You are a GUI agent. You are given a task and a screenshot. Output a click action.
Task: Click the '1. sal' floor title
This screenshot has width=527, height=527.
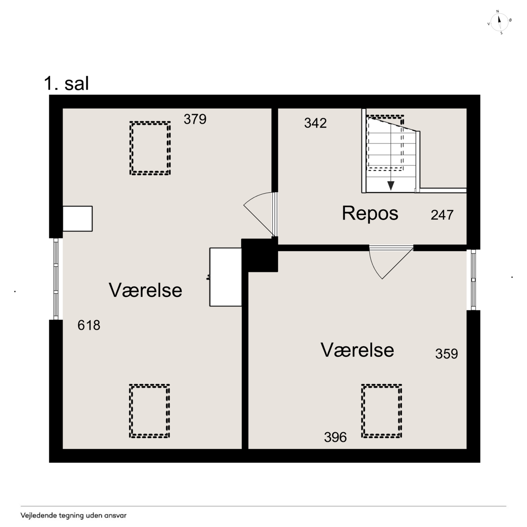pos(66,84)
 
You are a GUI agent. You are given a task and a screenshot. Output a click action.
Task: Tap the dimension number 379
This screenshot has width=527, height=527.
pos(195,119)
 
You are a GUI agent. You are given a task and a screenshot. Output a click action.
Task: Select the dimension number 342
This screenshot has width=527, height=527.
pos(315,123)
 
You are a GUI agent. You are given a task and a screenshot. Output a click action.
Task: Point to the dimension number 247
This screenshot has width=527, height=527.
pos(442,215)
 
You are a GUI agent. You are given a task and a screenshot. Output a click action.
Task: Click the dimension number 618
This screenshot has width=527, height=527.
pos(89,325)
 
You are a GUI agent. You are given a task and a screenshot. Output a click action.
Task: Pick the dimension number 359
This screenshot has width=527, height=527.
pos(447,354)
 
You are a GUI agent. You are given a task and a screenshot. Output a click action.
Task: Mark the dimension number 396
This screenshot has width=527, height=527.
pos(335,437)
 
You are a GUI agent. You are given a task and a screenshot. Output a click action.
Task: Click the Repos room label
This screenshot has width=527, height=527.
pos(370,214)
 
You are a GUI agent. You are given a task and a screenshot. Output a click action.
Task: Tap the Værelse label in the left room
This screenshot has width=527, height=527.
pos(145,290)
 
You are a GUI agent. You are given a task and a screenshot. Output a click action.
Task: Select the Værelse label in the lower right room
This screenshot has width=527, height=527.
pos(357,350)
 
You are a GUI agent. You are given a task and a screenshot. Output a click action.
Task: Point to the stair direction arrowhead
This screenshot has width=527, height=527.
pos(391,186)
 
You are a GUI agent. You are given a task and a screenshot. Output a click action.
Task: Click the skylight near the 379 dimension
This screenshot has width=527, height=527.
pos(150,148)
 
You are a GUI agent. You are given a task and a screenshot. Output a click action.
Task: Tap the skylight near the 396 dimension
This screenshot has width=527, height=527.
pos(382,411)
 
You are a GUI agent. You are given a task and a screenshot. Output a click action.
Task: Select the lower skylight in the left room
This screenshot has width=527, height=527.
pos(149,411)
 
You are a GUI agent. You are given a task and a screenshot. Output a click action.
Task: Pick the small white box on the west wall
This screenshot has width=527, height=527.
pos(78,219)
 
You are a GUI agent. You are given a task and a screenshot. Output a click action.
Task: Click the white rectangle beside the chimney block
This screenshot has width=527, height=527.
pos(226,277)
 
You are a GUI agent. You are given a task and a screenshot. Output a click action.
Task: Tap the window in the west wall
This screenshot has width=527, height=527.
pos(56,279)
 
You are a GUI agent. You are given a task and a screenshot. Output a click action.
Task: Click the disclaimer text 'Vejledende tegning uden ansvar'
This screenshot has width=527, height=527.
pos(74,515)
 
